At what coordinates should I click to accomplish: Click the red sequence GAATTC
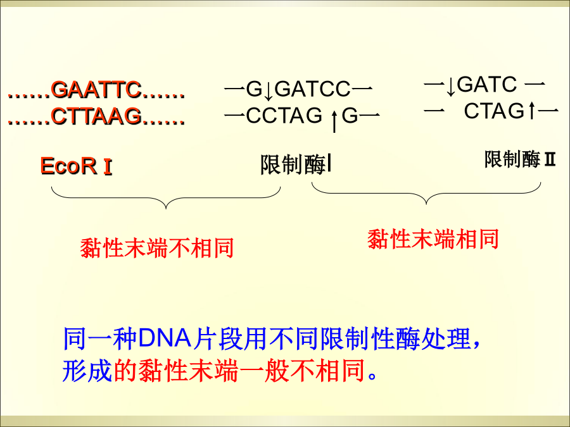(96, 89)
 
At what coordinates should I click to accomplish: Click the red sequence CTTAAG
(96, 116)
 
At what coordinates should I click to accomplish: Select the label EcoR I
(77, 166)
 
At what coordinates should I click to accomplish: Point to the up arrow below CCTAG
(334, 121)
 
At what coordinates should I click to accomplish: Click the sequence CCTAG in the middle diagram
(284, 116)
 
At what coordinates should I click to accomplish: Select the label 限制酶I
(296, 165)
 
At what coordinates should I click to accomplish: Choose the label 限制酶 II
(520, 159)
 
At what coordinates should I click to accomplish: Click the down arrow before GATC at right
(451, 87)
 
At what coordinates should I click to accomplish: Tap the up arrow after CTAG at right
(531, 110)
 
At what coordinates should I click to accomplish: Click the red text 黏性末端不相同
(156, 248)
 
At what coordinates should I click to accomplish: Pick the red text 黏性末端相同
(433, 239)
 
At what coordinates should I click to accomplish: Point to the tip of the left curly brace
(166, 209)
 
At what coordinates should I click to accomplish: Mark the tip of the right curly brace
(426, 204)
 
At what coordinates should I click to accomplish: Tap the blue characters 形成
(87, 371)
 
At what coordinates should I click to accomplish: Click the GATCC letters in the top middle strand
(313, 89)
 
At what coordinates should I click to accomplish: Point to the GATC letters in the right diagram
(487, 84)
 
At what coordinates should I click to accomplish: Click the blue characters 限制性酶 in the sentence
(370, 338)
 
